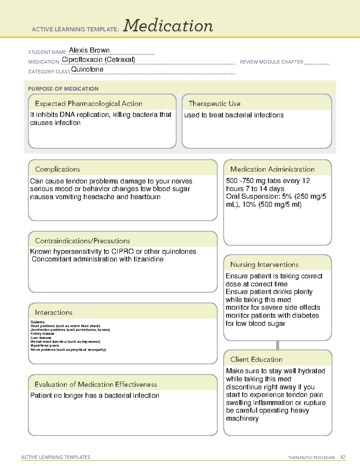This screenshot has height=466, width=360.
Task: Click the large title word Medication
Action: click(168, 26)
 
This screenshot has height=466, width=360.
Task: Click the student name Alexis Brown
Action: click(89, 50)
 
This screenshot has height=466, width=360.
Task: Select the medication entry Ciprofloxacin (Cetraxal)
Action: click(98, 60)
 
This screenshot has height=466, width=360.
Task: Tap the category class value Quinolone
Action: click(87, 69)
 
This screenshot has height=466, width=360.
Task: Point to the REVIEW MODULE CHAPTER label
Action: click(271, 62)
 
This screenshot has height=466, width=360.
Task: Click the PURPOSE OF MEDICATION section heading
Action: click(63, 89)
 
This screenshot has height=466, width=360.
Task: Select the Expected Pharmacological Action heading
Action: click(88, 104)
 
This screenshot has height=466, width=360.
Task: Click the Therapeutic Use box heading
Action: click(214, 104)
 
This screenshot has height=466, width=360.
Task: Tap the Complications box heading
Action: click(58, 170)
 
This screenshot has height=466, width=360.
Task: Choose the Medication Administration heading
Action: click(272, 170)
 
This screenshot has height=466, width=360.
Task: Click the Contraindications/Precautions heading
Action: click(82, 241)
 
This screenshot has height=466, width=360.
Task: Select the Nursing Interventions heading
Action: click(264, 265)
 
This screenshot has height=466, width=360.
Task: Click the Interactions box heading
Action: click(54, 313)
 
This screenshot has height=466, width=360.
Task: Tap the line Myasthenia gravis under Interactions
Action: click(45, 346)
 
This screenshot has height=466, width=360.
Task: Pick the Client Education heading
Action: click(256, 359)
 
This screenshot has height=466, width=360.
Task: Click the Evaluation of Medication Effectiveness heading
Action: click(96, 385)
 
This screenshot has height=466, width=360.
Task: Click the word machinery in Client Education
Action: click(242, 419)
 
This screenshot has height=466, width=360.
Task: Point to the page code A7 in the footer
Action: click(343, 457)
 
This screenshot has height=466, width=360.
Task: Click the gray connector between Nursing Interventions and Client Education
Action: click(277, 345)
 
